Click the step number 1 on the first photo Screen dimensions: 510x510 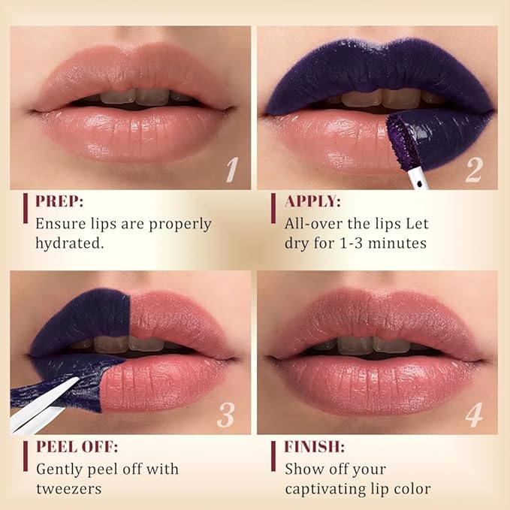(232, 171)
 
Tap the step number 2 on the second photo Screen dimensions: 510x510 (473, 170)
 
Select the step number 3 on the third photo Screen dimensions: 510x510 (226, 415)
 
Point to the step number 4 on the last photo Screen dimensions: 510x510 (473, 415)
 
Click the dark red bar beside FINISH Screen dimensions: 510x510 (274, 455)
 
